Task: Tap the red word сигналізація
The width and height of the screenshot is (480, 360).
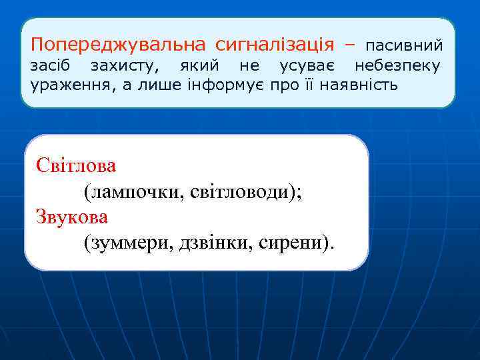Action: [274, 45]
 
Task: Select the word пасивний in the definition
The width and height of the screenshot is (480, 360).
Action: [404, 46]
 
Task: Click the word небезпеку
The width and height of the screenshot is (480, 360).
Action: [397, 66]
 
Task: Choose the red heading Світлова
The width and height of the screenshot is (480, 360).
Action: [76, 165]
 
